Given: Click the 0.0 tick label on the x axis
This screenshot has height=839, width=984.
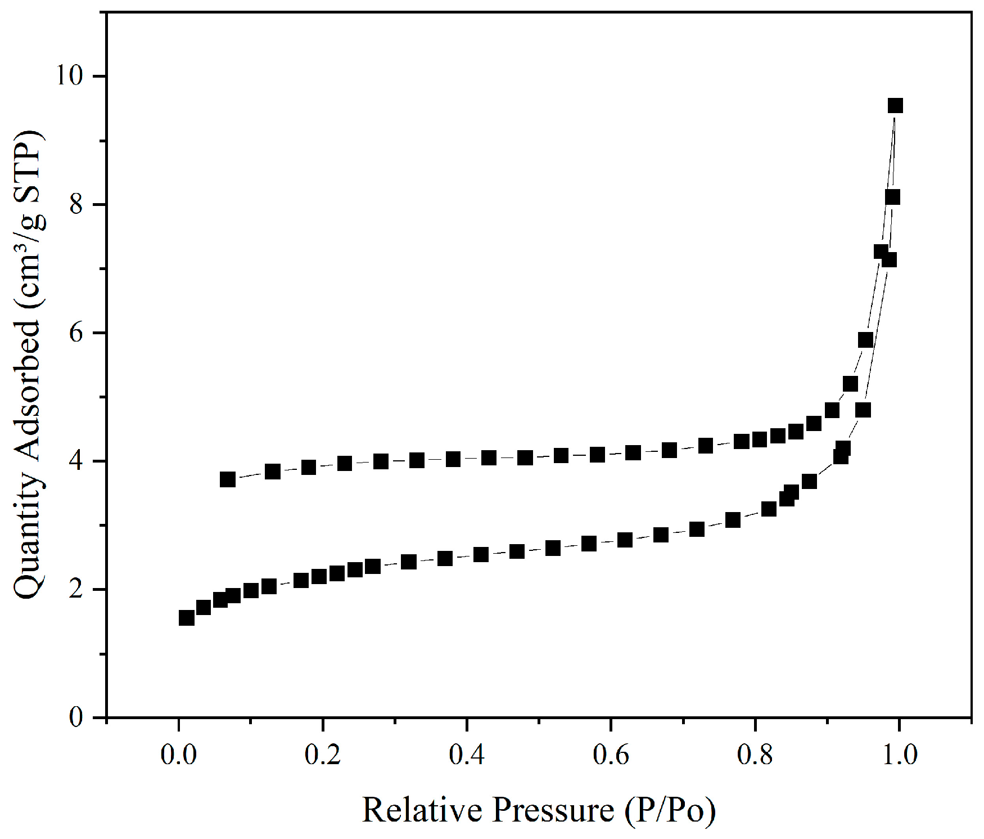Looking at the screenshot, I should pos(178,754).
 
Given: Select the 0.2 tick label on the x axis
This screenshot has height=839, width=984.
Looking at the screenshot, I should pos(322,754).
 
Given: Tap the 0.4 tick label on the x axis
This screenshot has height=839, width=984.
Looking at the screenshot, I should pos(467,754).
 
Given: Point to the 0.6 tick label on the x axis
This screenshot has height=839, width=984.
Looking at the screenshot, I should pos(611,754).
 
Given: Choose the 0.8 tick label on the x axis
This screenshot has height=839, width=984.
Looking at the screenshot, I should pos(755,754).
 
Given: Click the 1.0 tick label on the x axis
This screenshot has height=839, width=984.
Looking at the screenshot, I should pos(899,754).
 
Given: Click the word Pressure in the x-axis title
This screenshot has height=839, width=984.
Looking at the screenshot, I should pos(554,810).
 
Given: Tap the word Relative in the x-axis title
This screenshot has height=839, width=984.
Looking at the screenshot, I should pos(423,810).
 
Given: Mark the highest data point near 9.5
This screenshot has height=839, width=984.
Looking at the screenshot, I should pos(895,105).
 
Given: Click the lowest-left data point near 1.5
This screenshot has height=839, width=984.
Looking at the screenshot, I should pos(186,618).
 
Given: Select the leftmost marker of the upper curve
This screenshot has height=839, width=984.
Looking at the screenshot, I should pos(227,479).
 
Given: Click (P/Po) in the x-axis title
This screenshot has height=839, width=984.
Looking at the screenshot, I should pos(670,810).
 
